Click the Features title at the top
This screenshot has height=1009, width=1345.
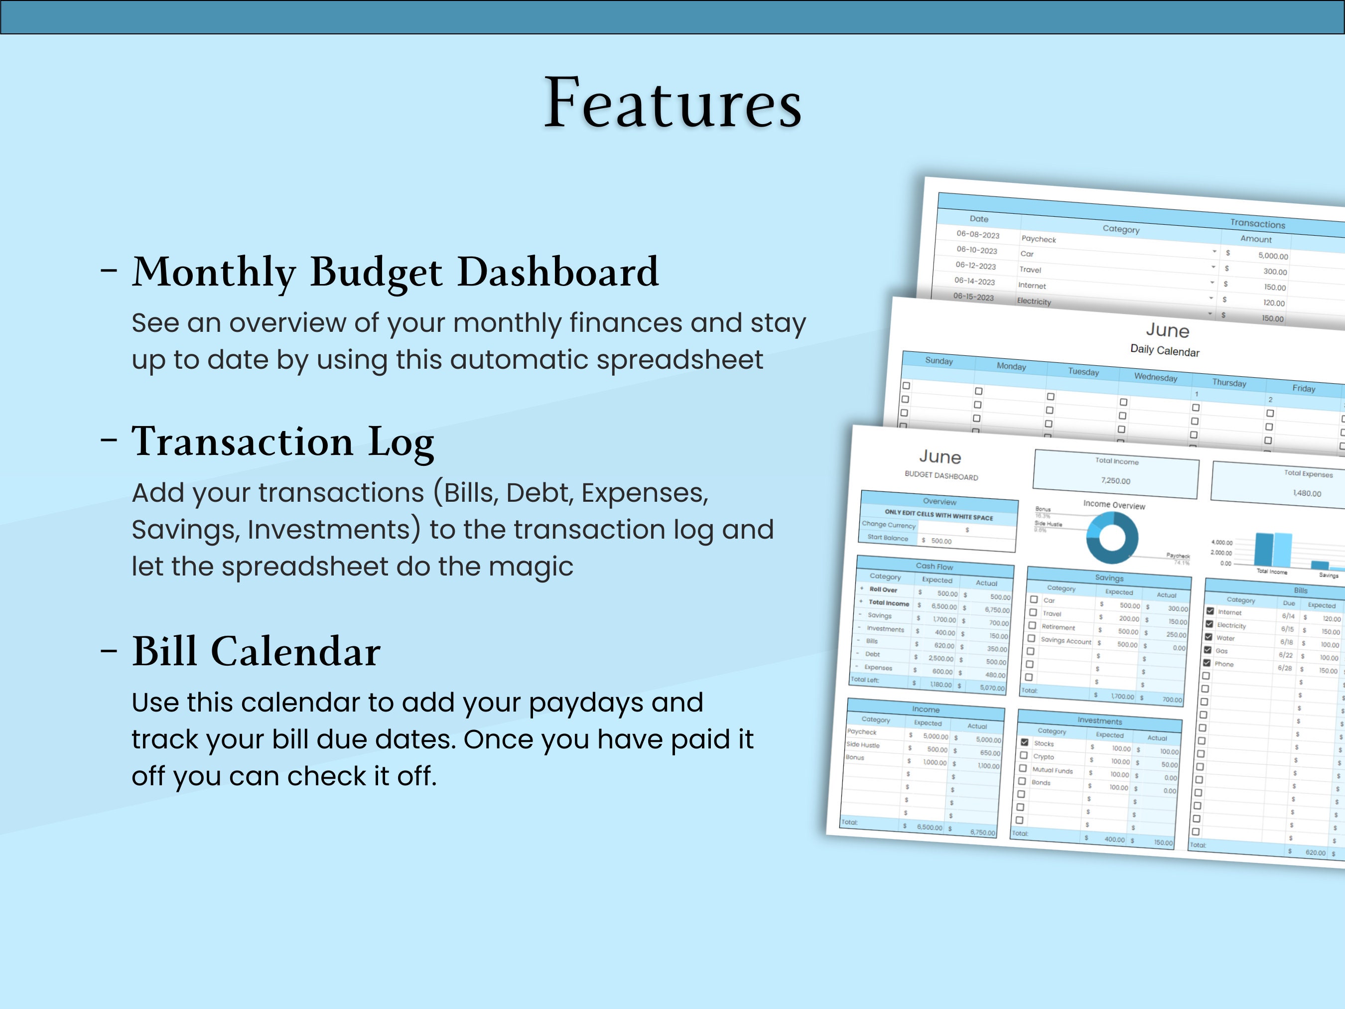point(672,104)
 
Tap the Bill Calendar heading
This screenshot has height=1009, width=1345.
point(256,651)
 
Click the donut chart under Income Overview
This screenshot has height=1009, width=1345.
point(1112,538)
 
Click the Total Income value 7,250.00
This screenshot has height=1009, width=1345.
point(1115,480)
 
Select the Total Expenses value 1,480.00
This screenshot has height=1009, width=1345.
point(1307,493)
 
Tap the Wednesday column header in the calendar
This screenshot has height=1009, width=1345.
point(1155,377)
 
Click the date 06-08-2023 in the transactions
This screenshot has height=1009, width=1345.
point(978,235)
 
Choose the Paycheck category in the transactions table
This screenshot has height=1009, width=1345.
point(1039,239)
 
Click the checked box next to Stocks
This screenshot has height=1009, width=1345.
point(1025,742)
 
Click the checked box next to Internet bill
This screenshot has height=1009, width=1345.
point(1210,610)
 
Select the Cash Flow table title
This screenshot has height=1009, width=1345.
point(935,566)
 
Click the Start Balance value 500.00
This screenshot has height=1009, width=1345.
point(941,541)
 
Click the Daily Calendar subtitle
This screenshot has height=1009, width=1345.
point(1164,350)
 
